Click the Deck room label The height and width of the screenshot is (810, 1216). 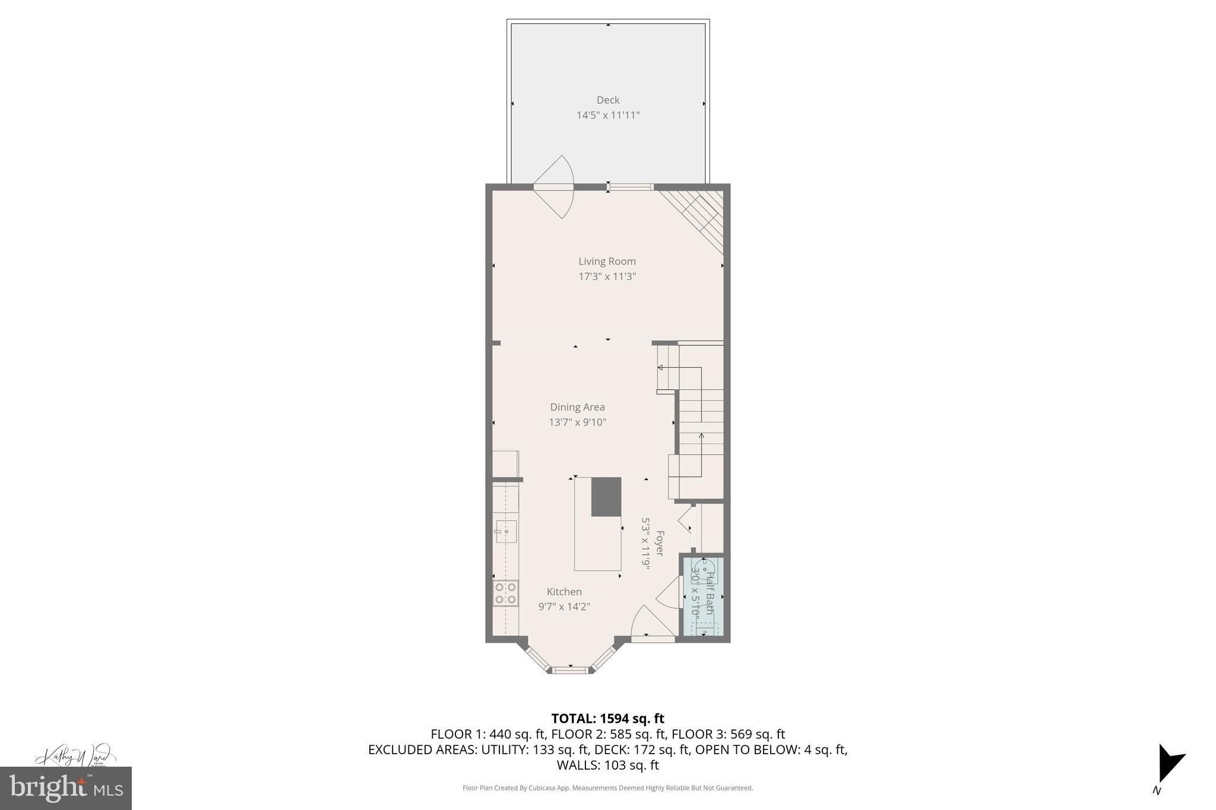click(x=608, y=100)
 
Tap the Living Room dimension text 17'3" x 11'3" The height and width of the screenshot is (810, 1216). click(x=607, y=277)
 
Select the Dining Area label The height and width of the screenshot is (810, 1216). click(x=577, y=407)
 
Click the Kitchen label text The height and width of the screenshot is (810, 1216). click(x=564, y=592)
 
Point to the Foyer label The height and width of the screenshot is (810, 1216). click(x=659, y=543)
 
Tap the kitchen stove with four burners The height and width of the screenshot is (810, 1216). click(x=505, y=593)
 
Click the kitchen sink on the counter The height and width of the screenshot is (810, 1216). click(x=506, y=531)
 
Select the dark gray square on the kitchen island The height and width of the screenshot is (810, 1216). click(x=606, y=497)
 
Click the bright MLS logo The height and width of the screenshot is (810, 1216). click(x=65, y=788)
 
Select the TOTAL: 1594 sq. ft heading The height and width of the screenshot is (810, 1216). click(x=607, y=719)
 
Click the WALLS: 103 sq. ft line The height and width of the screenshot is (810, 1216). click(x=607, y=765)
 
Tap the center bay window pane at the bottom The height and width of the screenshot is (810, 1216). click(x=570, y=670)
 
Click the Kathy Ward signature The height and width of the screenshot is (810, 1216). click(x=75, y=757)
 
